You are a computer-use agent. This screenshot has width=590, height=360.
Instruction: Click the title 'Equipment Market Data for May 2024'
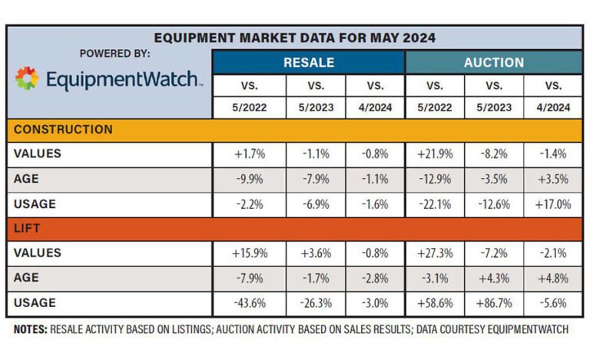(x=294, y=38)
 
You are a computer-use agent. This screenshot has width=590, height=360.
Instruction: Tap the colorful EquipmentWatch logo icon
(x=27, y=79)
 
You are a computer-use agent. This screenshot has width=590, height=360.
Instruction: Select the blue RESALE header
(x=308, y=62)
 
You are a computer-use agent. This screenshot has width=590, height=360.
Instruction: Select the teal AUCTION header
(x=493, y=62)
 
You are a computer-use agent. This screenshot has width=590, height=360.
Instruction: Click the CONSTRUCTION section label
(x=63, y=130)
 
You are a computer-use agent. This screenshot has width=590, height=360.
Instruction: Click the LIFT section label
(x=28, y=229)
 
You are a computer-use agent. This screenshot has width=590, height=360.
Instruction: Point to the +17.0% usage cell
(x=552, y=204)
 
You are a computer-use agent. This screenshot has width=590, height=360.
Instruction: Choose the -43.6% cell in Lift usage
(x=250, y=303)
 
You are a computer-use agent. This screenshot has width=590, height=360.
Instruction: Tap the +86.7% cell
(x=493, y=303)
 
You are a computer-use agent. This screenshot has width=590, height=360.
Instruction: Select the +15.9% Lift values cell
(x=250, y=253)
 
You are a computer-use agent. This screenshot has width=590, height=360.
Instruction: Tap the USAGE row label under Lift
(x=35, y=302)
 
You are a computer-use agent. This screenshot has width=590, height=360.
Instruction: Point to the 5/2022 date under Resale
(x=250, y=107)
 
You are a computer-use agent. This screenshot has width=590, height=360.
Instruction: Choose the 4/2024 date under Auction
(x=552, y=107)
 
